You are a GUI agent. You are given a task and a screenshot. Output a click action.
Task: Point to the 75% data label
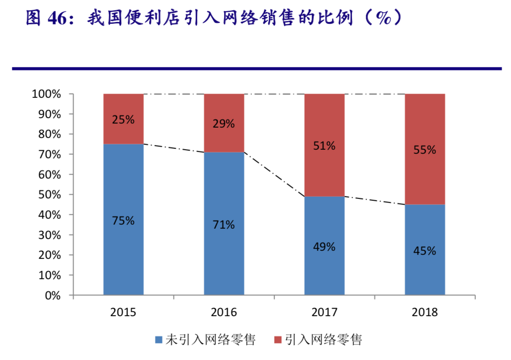[123, 221]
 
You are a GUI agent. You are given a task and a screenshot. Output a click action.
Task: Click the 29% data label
[224, 124]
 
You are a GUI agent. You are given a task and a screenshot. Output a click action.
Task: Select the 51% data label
[324, 146]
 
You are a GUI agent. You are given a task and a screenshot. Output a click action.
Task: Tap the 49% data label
[324, 247]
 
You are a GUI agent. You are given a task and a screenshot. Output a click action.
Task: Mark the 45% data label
[425, 251]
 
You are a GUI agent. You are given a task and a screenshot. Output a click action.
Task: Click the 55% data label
[425, 150]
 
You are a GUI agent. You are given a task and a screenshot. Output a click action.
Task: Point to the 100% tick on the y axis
[46, 94]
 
